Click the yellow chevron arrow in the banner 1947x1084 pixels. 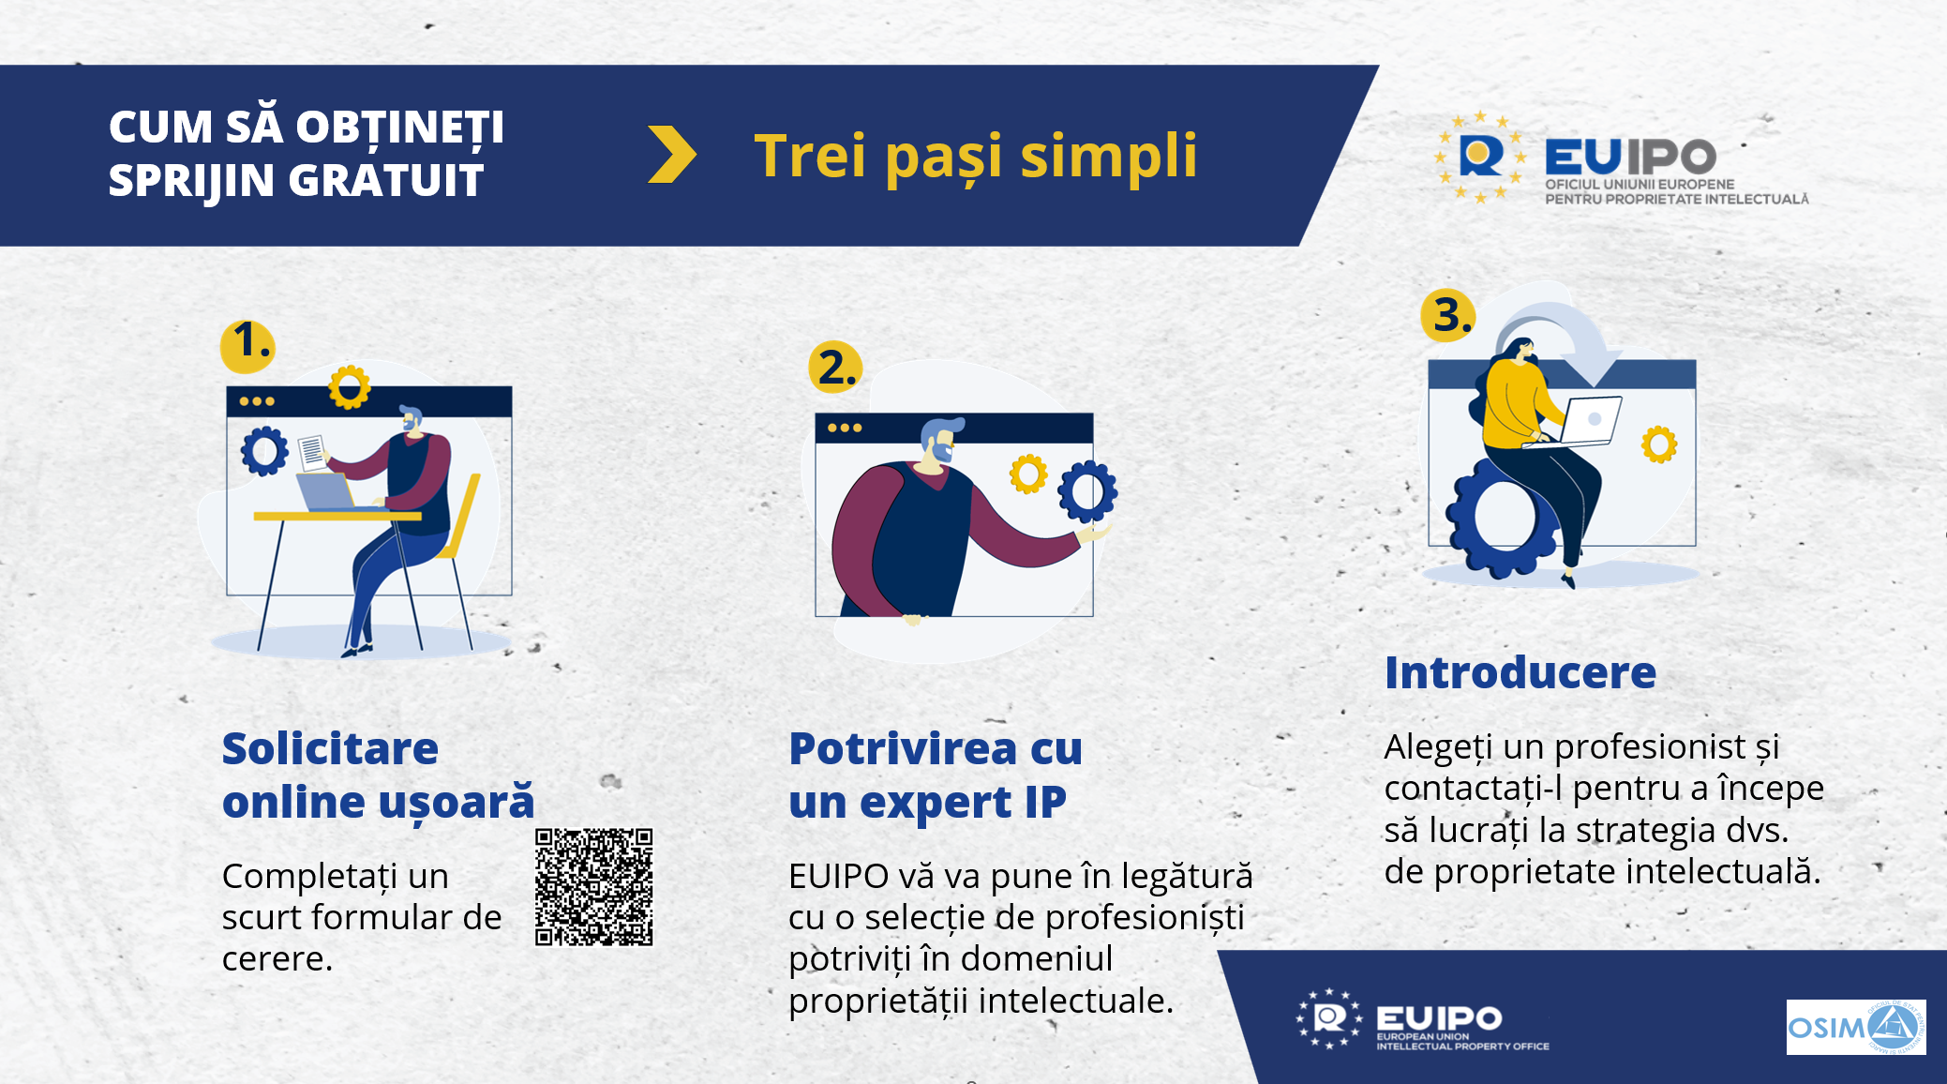coord(672,155)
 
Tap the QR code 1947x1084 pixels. coord(593,886)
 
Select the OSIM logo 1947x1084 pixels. coord(1855,1027)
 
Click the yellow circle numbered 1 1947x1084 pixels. coord(247,343)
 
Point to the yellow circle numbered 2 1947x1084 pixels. coord(834,368)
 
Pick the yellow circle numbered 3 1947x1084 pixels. coord(1447,315)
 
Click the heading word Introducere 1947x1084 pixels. coord(1520,673)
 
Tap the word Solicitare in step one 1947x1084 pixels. coord(330,749)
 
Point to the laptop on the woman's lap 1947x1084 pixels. coord(1590,420)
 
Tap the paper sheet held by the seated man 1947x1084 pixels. coord(312,452)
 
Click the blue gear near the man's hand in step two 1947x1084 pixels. coord(1087,490)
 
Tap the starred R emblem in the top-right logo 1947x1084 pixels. coord(1480,157)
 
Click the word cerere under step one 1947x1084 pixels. coord(277,959)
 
